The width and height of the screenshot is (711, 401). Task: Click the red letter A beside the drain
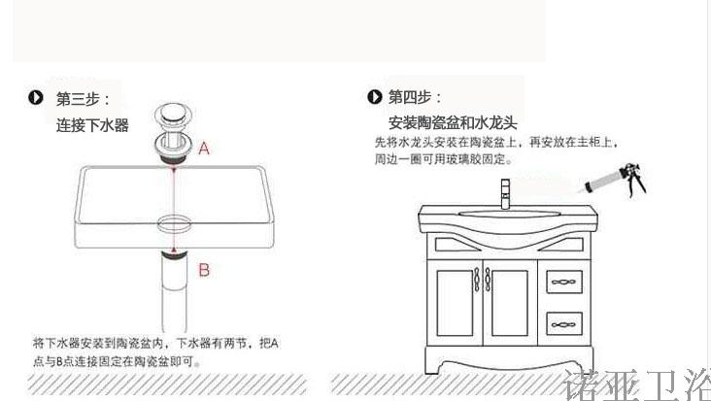pyautogui.click(x=205, y=150)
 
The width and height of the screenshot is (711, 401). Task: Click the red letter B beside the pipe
pyautogui.click(x=204, y=270)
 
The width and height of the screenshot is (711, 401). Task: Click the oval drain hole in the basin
pyautogui.click(x=173, y=218)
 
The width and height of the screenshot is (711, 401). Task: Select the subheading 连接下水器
pyautogui.click(x=91, y=125)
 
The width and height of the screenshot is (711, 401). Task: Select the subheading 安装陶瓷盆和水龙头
pyautogui.click(x=451, y=123)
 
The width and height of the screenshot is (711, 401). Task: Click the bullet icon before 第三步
pyautogui.click(x=37, y=98)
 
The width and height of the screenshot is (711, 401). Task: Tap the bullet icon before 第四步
pyautogui.click(x=374, y=97)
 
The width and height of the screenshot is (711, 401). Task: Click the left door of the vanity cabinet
pyautogui.click(x=456, y=305)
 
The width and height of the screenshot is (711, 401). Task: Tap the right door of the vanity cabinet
pyautogui.click(x=510, y=305)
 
